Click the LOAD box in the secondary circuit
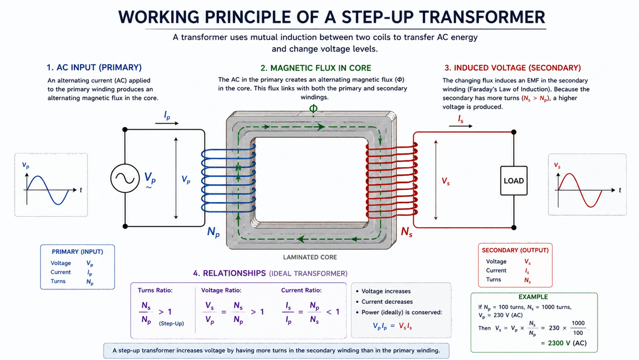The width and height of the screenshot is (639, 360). click(x=514, y=181)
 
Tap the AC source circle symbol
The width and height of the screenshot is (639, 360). click(x=125, y=178)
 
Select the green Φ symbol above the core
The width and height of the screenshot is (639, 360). click(x=313, y=108)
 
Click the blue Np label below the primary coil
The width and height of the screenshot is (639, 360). click(x=213, y=232)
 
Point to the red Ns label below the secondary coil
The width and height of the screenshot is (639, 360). click(x=406, y=232)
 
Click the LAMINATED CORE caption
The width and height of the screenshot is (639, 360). click(x=309, y=257)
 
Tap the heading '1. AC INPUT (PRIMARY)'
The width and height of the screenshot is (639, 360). click(x=94, y=68)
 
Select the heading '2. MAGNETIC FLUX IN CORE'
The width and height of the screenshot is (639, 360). click(x=316, y=68)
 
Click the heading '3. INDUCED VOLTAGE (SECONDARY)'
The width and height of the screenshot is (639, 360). click(x=513, y=68)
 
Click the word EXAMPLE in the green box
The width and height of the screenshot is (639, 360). click(x=533, y=297)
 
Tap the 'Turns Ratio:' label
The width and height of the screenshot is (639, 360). click(x=155, y=290)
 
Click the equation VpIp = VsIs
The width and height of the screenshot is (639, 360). click(x=392, y=326)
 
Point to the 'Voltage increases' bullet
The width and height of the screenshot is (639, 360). click(x=383, y=291)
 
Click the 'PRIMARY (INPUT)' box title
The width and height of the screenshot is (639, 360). click(x=77, y=252)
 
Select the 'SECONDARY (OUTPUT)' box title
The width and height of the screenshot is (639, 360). click(x=515, y=250)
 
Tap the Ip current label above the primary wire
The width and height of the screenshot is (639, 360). click(x=167, y=116)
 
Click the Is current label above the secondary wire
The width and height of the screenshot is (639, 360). click(x=461, y=119)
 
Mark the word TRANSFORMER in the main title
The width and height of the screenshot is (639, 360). click(x=482, y=17)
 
